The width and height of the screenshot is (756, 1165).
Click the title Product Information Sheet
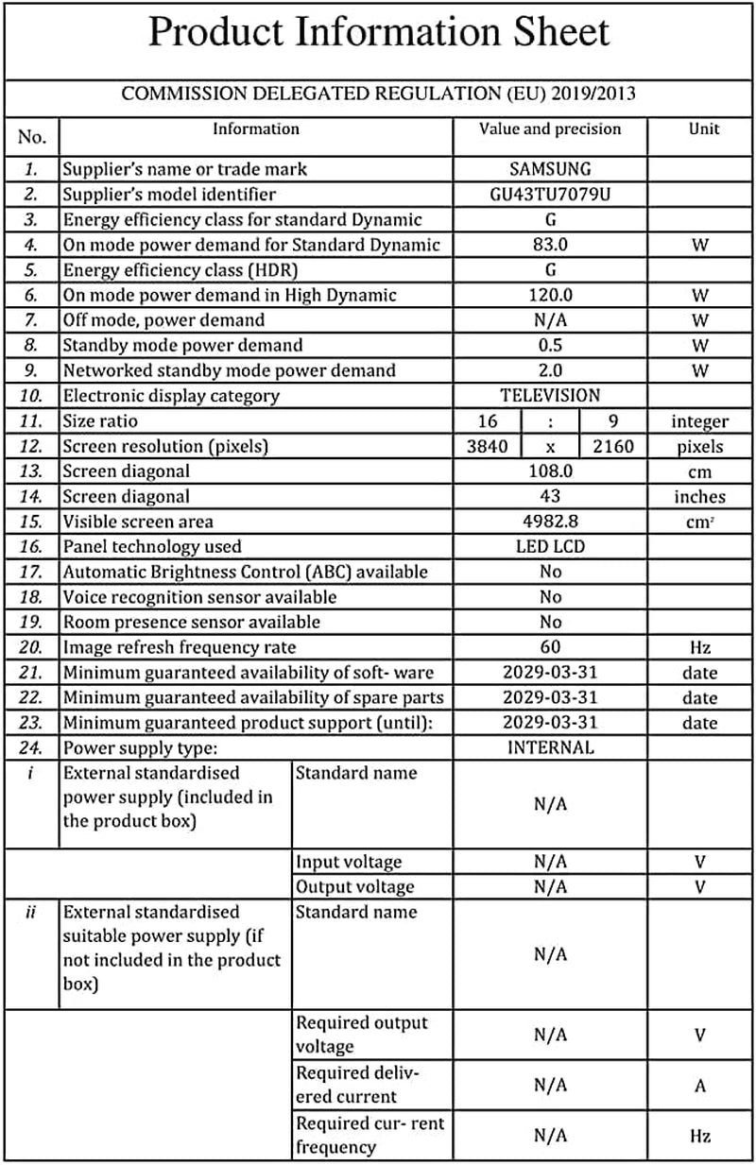click(379, 33)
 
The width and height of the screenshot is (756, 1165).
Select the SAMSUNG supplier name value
click(550, 169)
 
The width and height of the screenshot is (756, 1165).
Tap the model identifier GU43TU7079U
click(550, 195)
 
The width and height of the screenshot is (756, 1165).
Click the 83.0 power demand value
click(550, 245)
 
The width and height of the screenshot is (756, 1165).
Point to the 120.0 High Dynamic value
click(550, 295)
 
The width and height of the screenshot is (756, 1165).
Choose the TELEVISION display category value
click(550, 396)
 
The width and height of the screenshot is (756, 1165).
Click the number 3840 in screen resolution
click(488, 446)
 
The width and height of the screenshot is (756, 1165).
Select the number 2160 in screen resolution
click(613, 446)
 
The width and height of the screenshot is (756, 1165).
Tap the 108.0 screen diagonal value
click(550, 471)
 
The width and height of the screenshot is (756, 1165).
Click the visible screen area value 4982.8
click(550, 522)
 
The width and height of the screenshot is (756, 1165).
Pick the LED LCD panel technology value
click(550, 546)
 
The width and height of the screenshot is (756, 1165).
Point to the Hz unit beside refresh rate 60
click(700, 647)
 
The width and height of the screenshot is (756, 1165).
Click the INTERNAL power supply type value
click(550, 747)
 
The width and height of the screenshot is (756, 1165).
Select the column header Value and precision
click(550, 129)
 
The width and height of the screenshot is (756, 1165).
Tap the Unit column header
click(704, 129)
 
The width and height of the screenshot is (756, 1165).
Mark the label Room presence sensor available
click(191, 622)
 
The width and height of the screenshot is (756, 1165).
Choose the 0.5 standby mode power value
click(550, 345)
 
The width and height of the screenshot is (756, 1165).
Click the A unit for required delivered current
click(700, 1086)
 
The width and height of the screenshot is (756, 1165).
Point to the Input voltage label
click(349, 862)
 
